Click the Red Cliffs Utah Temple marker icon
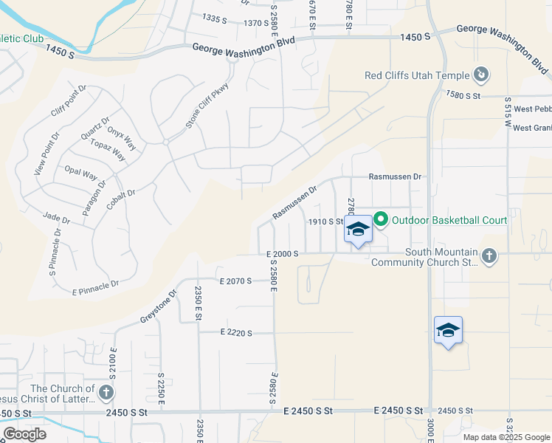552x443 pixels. point(480,75)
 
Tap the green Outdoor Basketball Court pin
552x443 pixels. point(381,219)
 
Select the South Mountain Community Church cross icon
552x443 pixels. point(489,256)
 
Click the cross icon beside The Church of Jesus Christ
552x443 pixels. point(106,393)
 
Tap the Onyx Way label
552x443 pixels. point(122,137)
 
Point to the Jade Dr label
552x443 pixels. point(56,220)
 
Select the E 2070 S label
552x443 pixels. point(236,281)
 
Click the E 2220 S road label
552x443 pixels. point(236,333)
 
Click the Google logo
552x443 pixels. point(24,434)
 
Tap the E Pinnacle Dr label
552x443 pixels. point(96,287)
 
